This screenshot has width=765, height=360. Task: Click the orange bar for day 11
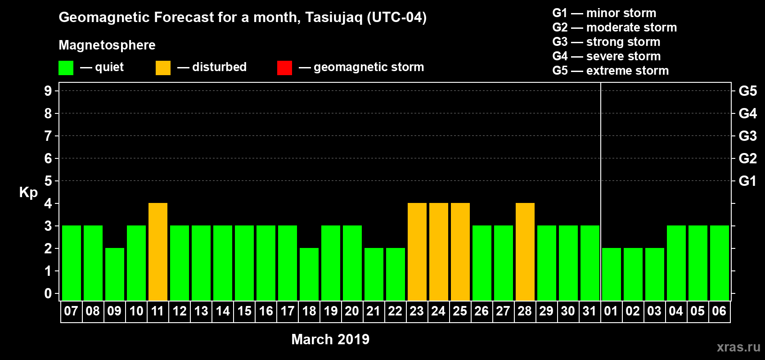point(158,252)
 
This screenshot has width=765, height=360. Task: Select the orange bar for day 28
point(525,252)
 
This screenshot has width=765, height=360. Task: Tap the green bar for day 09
point(115,274)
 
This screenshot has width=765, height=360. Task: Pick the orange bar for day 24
point(438,252)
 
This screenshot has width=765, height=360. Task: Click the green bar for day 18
point(309,274)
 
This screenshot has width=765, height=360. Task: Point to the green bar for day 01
point(611,274)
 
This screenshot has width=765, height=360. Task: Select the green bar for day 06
point(719,263)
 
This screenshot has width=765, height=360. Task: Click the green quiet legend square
point(66,67)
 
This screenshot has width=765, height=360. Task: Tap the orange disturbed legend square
point(163,67)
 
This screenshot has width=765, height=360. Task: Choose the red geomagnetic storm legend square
point(284,67)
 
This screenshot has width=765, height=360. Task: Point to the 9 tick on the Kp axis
point(48,91)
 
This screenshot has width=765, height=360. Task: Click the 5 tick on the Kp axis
point(48,181)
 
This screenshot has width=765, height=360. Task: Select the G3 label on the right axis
point(747,136)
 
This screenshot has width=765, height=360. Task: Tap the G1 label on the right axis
point(747,181)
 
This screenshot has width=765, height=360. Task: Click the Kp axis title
point(28,193)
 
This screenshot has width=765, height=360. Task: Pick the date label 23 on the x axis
point(417,311)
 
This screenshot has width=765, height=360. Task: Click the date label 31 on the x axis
point(589,311)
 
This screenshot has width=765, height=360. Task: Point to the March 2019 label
point(330,339)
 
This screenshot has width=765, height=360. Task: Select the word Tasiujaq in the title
point(333,18)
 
